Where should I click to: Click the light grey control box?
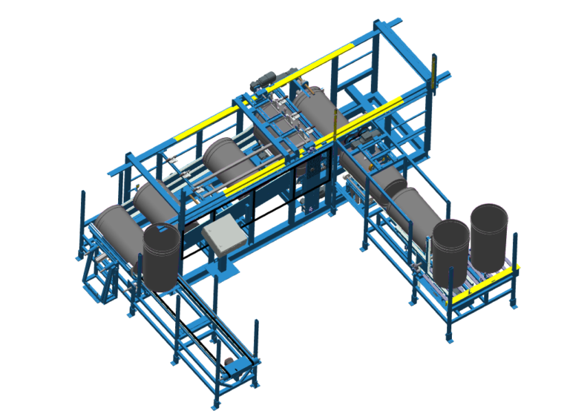point(223,236)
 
